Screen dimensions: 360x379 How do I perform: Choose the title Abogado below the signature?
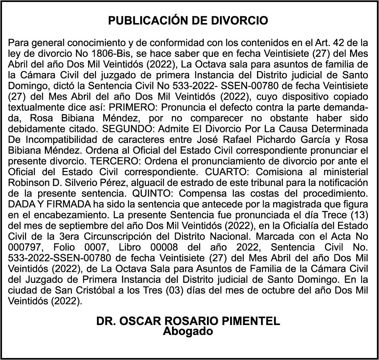click(x=188, y=331)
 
